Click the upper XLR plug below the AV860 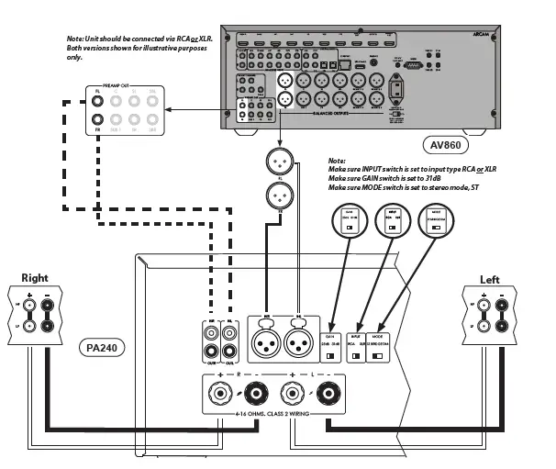coord(280,162)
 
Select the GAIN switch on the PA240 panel coord(333,351)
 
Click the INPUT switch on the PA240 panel coord(357,351)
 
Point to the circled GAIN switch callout coord(349,222)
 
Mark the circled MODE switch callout coord(430,222)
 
